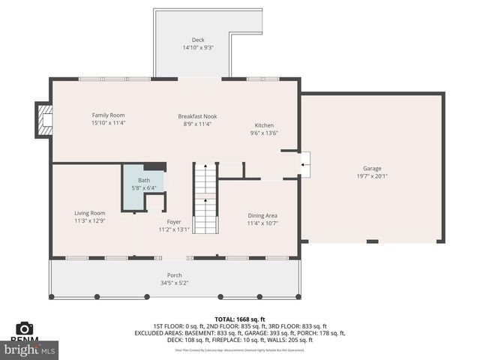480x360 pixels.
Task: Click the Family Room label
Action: point(108,115)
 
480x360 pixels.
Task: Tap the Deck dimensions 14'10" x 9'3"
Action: point(198,48)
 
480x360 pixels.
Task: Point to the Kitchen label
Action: point(264,125)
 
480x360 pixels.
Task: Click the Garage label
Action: point(372,168)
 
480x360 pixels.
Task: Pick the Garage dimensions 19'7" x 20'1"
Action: point(372,176)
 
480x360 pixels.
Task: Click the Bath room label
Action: point(143,180)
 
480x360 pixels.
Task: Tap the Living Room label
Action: point(89,213)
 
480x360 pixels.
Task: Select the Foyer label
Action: point(174,222)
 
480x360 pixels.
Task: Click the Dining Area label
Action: point(262,215)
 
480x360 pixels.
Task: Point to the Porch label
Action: point(174,275)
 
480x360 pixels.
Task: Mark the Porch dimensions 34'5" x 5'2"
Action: point(174,283)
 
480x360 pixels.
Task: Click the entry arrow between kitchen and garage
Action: point(303,162)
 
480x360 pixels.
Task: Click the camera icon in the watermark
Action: point(25,328)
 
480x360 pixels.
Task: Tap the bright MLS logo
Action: point(30,349)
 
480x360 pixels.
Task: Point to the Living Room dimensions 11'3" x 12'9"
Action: point(89,221)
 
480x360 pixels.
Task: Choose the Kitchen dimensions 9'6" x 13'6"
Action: point(264,133)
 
